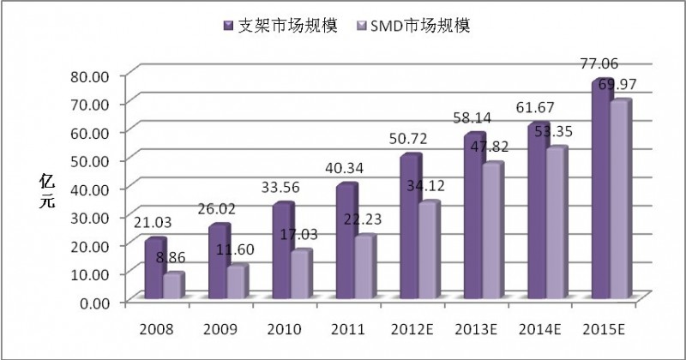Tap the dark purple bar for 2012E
410,227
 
